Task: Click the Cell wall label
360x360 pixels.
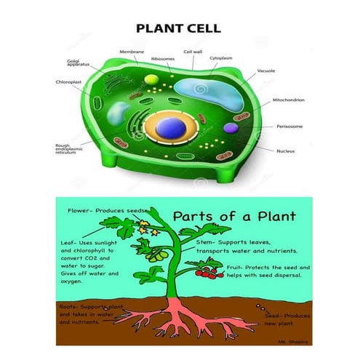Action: pyautogui.click(x=193, y=52)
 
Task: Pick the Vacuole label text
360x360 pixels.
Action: pyautogui.click(x=265, y=71)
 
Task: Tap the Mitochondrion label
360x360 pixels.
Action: pyautogui.click(x=288, y=100)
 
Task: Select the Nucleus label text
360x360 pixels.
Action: pyautogui.click(x=286, y=151)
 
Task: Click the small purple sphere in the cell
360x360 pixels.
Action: pyautogui.click(x=231, y=129)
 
